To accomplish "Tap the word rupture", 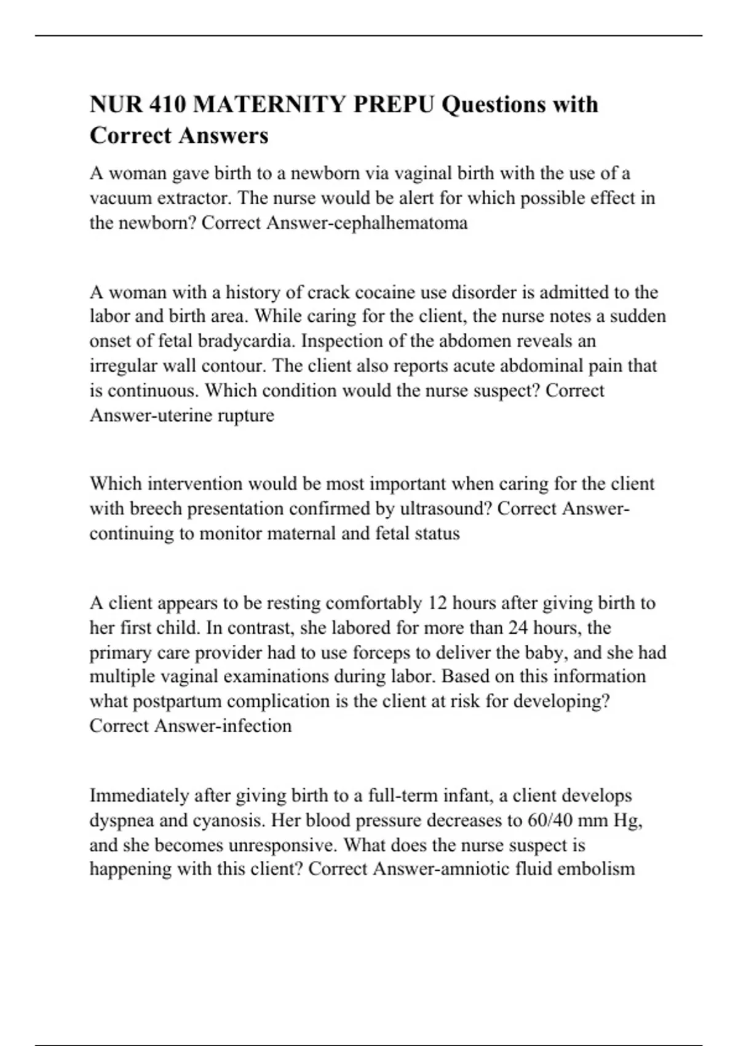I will tap(245, 415).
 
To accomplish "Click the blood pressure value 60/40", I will tap(552, 820).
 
